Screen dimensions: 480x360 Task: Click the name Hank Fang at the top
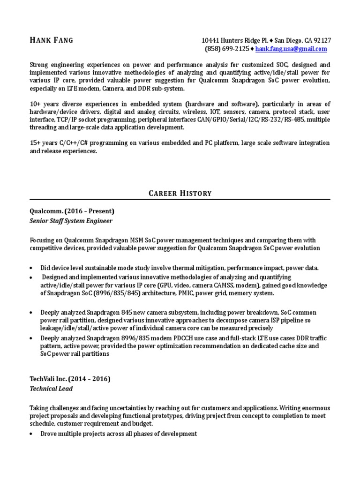[51, 40]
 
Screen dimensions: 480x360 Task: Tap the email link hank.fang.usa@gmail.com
[291, 49]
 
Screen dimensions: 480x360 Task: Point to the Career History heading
[180, 193]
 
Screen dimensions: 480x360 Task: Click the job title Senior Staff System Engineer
[71, 220]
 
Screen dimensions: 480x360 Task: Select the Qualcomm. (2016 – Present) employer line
[72, 211]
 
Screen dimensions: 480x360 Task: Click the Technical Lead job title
[51, 389]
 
